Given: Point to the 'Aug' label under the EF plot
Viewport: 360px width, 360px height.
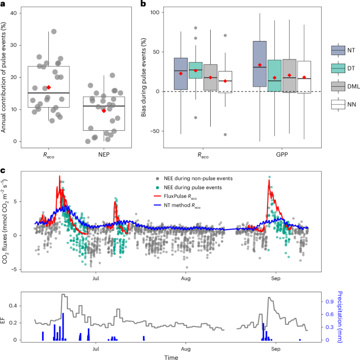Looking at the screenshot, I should (x=185, y=348).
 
